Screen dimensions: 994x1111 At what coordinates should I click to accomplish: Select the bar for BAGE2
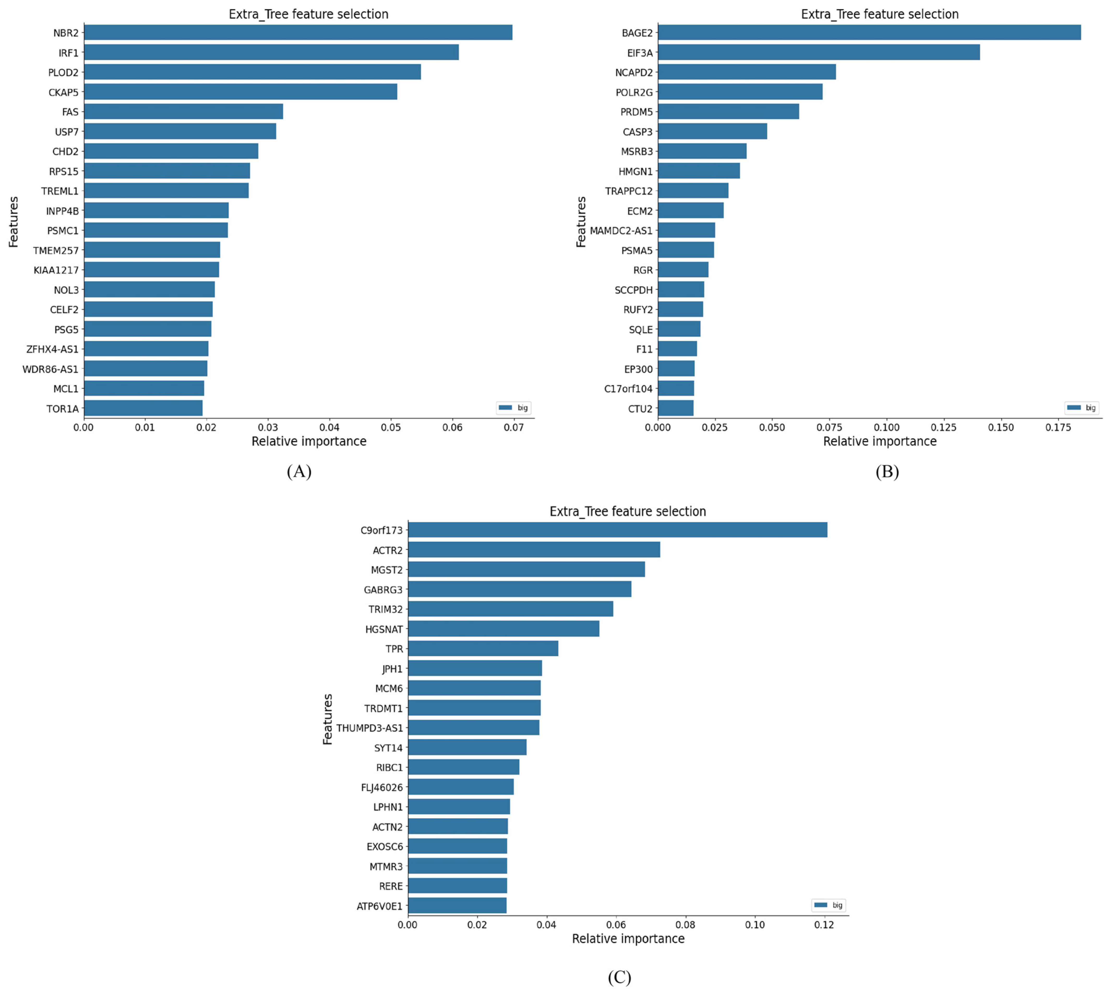point(868,33)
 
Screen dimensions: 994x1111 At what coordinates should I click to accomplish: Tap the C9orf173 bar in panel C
point(617,530)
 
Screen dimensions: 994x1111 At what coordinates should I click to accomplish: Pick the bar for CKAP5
point(240,92)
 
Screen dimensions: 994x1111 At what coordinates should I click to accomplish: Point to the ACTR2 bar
point(534,550)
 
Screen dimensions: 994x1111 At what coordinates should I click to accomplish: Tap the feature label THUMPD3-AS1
point(369,728)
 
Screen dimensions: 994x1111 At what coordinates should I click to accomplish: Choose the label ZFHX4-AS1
point(52,349)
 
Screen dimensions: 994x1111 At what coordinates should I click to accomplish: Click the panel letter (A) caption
point(299,471)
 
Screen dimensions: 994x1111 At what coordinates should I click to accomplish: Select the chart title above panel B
point(879,14)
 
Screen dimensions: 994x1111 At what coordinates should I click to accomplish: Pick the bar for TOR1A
point(143,408)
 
